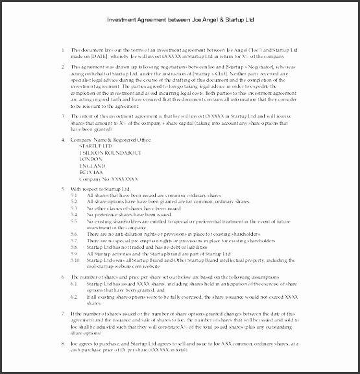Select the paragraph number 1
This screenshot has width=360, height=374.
(62, 50)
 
